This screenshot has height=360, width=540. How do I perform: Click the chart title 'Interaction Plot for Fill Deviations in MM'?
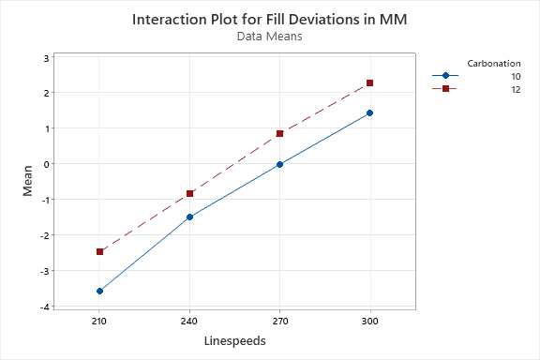point(270,19)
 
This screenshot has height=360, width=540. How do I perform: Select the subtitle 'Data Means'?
point(270,37)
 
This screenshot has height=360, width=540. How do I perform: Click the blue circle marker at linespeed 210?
point(99,292)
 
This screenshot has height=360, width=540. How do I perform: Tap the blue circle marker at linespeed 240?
point(189,217)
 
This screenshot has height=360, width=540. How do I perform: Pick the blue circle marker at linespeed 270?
point(279,164)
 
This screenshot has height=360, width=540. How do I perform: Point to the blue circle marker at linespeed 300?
point(369,112)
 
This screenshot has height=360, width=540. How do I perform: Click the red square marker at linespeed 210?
point(99,251)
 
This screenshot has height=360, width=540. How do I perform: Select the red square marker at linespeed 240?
point(189,193)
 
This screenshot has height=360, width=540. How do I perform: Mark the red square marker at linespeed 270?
point(279,133)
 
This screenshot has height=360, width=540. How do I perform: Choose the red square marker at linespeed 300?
point(369,83)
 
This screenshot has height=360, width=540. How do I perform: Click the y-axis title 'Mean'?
point(28,180)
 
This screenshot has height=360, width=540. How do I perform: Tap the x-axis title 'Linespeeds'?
point(234,341)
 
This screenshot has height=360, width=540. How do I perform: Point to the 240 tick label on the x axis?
point(189,320)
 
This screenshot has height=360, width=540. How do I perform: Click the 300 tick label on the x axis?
point(369,320)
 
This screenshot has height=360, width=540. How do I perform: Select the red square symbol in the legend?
point(445,89)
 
